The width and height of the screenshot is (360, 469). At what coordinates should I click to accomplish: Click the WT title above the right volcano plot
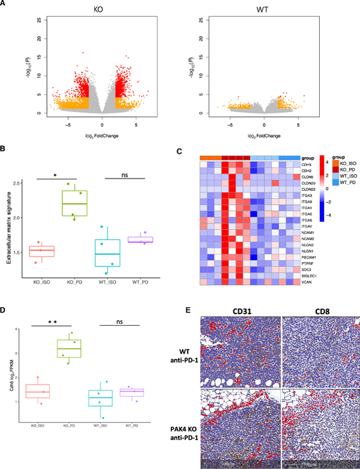[x=264, y=12]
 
